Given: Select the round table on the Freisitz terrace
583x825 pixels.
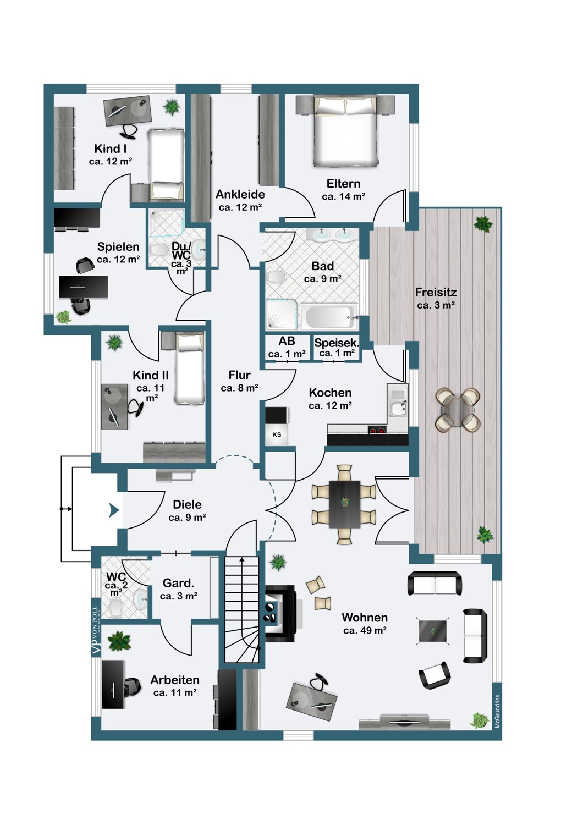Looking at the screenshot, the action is click(458, 410).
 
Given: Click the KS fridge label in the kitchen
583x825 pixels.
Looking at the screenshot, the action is click(277, 435).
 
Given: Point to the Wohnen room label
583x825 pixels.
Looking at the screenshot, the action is click(365, 618).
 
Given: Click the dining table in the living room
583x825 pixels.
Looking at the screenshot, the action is click(345, 504).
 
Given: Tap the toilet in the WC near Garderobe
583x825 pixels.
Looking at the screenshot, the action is click(116, 608).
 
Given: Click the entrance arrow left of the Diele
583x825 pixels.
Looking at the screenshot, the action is click(114, 511).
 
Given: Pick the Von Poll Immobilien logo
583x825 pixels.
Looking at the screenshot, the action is click(96, 630).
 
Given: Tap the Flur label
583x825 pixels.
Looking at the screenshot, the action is click(239, 375).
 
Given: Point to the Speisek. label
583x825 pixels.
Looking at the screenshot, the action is click(336, 343).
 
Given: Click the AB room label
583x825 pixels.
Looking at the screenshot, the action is click(287, 341).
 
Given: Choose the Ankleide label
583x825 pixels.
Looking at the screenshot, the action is click(240, 194).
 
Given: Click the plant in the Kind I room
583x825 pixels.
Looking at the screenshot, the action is click(172, 107).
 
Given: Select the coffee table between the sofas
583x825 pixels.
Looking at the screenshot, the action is click(433, 631).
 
